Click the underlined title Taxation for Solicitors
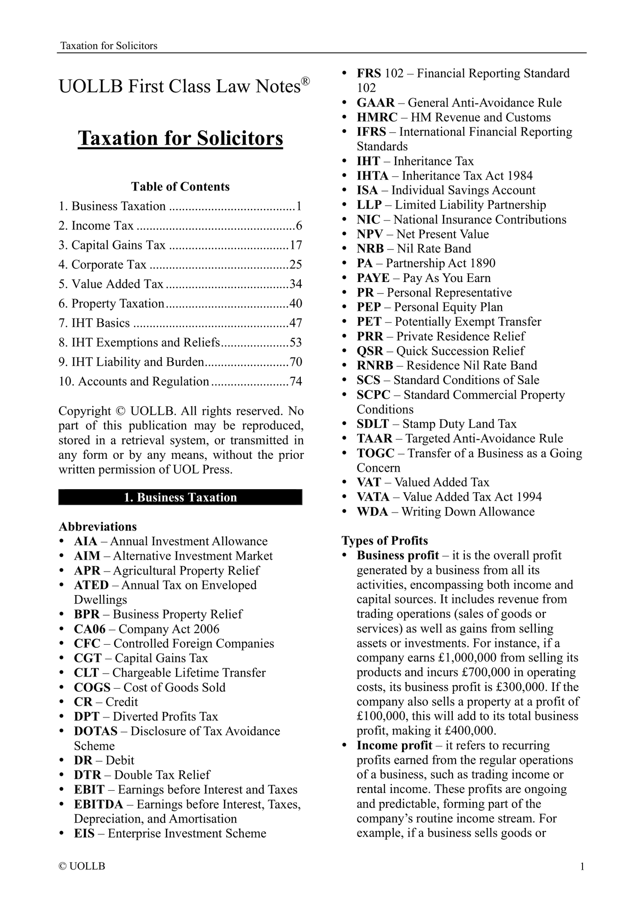(x=180, y=138)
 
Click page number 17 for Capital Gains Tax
(x=295, y=245)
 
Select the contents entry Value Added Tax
(x=117, y=284)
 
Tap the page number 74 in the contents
(x=295, y=381)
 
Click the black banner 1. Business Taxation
(x=180, y=497)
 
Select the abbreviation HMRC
(x=377, y=117)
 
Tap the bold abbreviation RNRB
(x=375, y=365)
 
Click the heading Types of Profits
(x=385, y=540)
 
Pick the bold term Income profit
(x=394, y=745)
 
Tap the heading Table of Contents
(x=180, y=186)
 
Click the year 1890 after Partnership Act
(x=482, y=263)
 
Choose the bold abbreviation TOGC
(x=375, y=453)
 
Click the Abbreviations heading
(x=98, y=527)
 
